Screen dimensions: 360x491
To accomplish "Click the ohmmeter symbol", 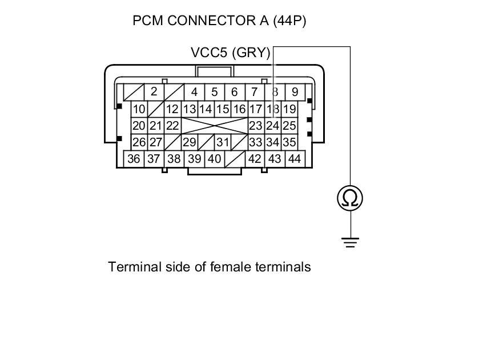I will (350, 198).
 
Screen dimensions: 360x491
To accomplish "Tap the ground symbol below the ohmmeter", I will (351, 241).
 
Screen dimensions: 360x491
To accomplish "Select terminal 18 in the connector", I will (273, 109).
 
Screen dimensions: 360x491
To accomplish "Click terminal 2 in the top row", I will (154, 91).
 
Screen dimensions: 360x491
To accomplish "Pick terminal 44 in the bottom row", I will (294, 159).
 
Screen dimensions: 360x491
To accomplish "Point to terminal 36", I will (134, 159).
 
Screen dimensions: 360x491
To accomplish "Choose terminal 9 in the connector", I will (294, 91).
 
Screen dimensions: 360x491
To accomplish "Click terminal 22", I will (172, 126).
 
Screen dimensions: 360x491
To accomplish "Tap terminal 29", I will (189, 142).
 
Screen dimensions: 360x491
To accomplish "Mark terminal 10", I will (139, 109).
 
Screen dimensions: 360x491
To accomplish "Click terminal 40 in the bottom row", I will (214, 159).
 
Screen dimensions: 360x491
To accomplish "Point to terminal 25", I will (289, 126).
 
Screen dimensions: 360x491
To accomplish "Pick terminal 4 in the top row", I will (194, 91).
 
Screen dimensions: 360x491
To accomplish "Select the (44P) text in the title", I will (289, 21).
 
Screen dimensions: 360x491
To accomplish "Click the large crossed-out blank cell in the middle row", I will (214, 126).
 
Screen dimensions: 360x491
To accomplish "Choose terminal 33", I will (256, 142).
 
